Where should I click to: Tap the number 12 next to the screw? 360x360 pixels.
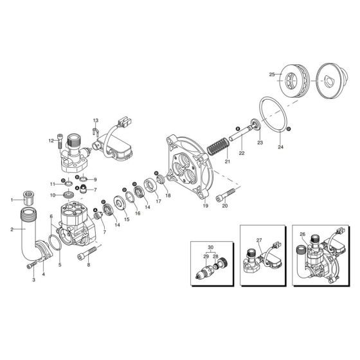(x=50, y=140)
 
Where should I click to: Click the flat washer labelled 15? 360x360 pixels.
(x=120, y=204)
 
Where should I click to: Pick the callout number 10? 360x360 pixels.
(x=71, y=195)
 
